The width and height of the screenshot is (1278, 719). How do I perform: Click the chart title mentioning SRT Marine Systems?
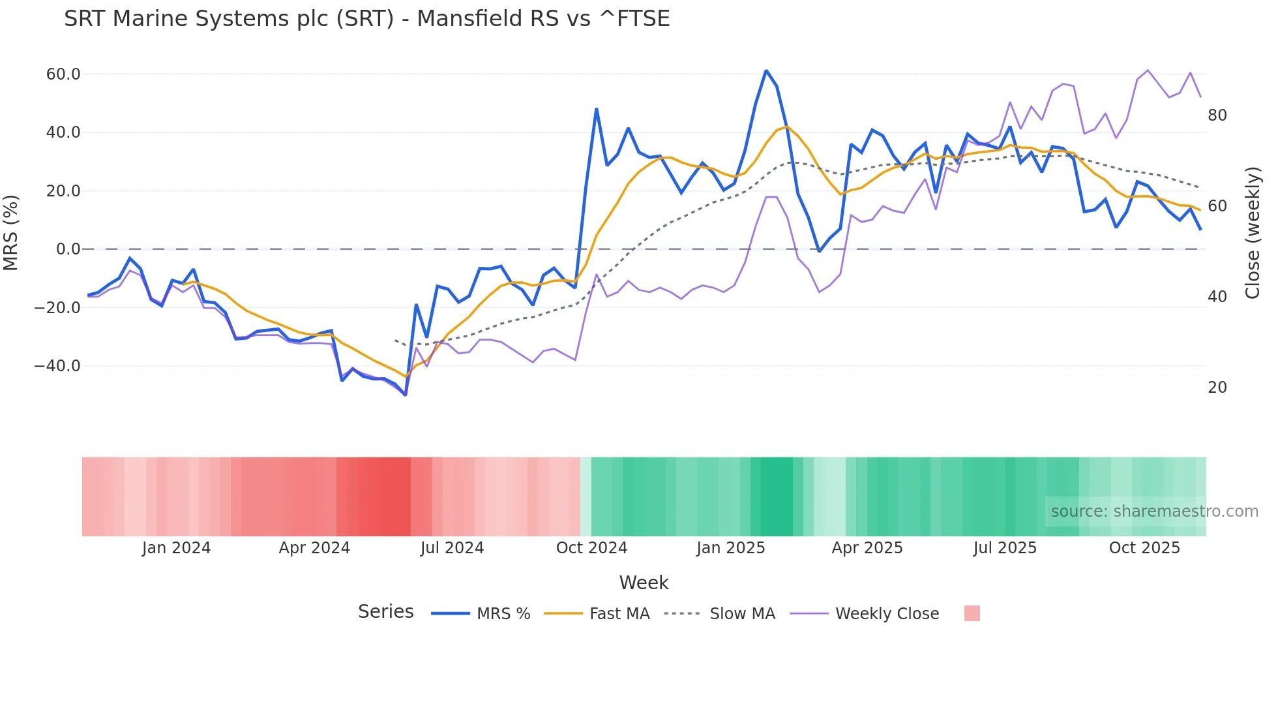366,19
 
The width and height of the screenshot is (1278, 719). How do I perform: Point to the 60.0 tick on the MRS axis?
63,74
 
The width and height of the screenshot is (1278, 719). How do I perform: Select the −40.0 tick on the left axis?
57,366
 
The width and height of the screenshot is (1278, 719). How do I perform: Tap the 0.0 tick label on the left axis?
68,249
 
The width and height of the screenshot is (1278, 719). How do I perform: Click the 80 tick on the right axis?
1217,115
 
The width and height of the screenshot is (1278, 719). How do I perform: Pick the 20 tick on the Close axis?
1217,388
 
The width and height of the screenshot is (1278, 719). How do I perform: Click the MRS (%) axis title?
11,232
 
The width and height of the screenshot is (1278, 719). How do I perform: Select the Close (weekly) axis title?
1252,233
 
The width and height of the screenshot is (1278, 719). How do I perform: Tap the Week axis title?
644,583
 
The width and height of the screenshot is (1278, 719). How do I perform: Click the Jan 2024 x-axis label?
176,548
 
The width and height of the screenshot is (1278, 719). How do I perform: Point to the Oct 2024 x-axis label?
591,548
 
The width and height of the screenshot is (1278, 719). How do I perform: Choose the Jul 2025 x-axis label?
1005,548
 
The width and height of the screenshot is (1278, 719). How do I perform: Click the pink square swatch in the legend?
972,613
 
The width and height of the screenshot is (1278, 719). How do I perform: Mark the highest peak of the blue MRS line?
766,70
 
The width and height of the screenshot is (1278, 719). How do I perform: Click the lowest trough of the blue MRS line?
406,395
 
